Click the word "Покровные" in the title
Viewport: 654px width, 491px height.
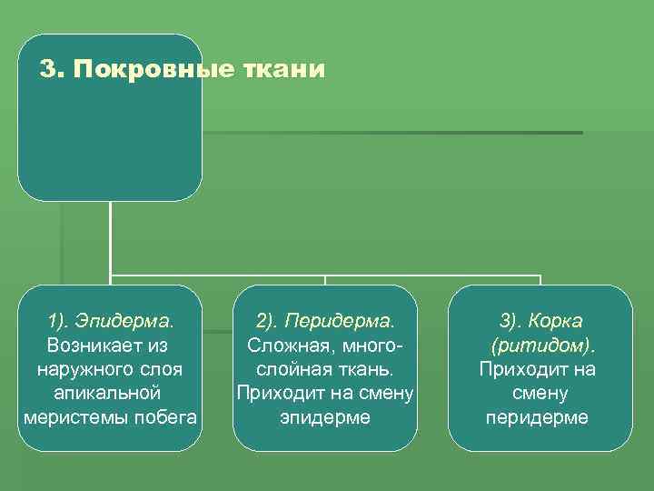[152, 70]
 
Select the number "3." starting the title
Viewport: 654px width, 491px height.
[54, 70]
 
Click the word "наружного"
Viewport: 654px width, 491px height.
[87, 370]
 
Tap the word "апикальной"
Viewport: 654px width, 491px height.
[108, 394]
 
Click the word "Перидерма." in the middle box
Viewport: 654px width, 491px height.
[340, 322]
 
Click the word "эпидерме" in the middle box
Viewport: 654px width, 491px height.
[325, 417]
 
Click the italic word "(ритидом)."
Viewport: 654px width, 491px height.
[540, 346]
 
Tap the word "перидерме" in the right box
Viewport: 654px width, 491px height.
[538, 417]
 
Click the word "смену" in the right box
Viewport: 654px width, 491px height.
[539, 394]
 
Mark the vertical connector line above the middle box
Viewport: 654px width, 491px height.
[325, 280]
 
